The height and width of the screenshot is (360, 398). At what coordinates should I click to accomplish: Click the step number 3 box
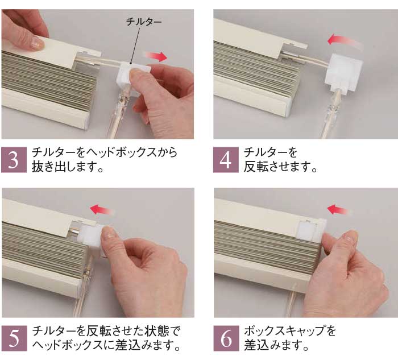coord(14,160)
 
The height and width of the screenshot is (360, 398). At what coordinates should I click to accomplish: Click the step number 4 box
coord(226,160)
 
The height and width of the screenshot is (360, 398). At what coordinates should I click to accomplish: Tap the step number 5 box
coord(14,338)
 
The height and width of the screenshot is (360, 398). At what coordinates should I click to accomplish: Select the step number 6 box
coord(226,338)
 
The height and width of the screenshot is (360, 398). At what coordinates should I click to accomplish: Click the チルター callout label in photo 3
coord(144,22)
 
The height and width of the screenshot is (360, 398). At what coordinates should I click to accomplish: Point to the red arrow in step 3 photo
coord(155,56)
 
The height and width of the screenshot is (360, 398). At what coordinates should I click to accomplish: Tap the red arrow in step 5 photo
coord(102,210)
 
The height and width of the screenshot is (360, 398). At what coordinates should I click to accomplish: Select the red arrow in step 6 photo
coord(339,210)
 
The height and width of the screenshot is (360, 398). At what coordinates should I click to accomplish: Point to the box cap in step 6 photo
coord(312,230)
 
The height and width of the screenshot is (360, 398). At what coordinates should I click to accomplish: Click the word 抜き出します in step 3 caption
coord(67,167)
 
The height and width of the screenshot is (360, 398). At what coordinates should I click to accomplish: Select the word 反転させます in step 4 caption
coord(280,167)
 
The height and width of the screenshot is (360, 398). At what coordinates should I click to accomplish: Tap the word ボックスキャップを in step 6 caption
coord(290,330)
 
